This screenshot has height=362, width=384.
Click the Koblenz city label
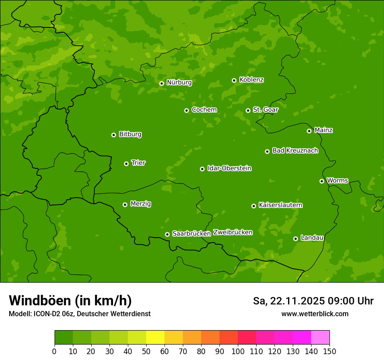[251, 80]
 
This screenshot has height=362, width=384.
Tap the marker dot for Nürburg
[161, 83]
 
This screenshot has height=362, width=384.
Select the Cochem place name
[204, 110]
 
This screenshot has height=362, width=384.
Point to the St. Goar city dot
[248, 110]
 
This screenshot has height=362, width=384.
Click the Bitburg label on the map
[130, 134]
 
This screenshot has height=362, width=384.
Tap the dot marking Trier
[126, 164]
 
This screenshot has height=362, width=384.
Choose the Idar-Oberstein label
[229, 168]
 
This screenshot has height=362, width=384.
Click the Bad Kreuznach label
[295, 151]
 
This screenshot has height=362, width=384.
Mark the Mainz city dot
[309, 131]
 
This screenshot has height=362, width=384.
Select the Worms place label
[337, 181]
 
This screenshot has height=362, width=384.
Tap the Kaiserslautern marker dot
[254, 206]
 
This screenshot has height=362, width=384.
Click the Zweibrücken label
[233, 232]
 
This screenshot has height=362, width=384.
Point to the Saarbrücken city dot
[167, 234]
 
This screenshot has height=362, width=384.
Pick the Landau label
[312, 238]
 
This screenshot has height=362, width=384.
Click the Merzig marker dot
[125, 205]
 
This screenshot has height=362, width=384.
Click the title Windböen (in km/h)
[70, 301]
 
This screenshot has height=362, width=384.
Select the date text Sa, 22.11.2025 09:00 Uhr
[313, 301]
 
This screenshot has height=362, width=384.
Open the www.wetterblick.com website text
[315, 314]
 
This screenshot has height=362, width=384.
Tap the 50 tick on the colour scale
[146, 352]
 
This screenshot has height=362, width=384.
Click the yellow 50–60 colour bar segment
[155, 338]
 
